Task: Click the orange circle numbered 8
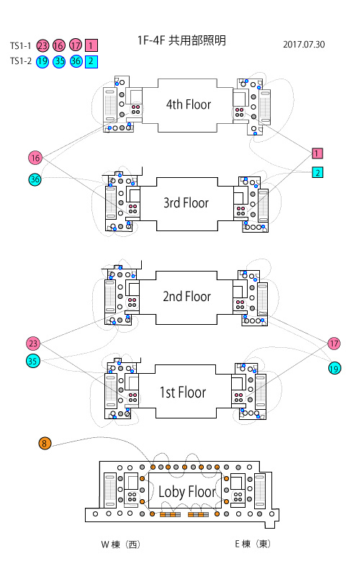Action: click(44, 443)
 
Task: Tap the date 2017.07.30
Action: click(304, 45)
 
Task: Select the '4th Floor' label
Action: click(189, 104)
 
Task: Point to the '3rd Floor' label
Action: click(186, 202)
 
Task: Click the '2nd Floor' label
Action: click(186, 296)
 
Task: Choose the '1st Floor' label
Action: click(183, 393)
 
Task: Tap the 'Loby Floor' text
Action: click(187, 492)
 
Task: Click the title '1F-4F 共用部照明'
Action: click(181, 40)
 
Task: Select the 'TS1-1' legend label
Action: click(21, 45)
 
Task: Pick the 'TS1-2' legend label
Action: click(21, 61)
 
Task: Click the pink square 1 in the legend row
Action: click(91, 45)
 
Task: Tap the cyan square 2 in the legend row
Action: click(91, 61)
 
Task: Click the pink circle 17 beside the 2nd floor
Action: click(334, 344)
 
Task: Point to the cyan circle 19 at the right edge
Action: click(334, 368)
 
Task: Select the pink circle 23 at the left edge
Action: click(33, 344)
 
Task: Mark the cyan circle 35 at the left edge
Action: click(32, 361)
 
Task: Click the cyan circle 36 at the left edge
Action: click(35, 179)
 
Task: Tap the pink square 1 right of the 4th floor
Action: click(318, 153)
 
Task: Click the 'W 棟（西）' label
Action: click(120, 545)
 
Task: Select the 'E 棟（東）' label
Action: click(253, 544)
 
